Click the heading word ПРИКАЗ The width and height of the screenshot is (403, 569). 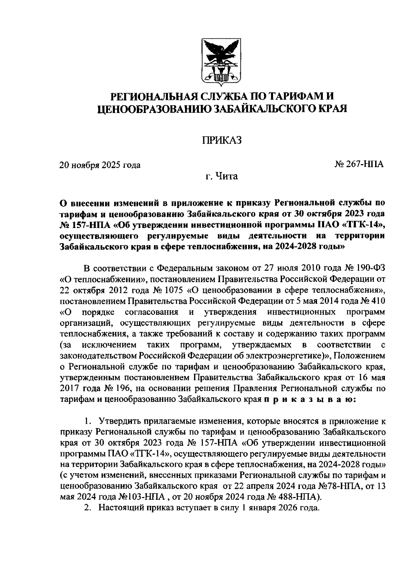tap(222, 140)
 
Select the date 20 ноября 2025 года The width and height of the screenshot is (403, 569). tap(100, 165)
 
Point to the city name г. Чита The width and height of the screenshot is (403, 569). tap(222, 176)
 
